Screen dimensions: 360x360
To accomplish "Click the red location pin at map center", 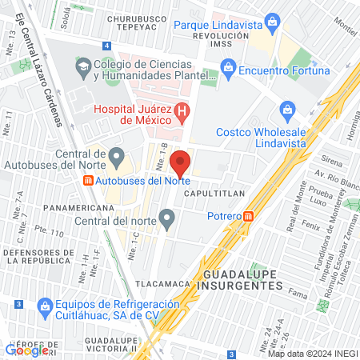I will pyautogui.click(x=180, y=162).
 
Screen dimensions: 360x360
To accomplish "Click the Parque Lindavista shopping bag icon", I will pyautogui.click(x=273, y=19).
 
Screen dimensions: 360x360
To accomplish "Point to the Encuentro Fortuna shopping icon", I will pyautogui.click(x=229, y=70).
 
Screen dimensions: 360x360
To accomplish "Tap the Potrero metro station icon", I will pyautogui.click(x=249, y=215).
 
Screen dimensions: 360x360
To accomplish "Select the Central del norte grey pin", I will pyautogui.click(x=166, y=217).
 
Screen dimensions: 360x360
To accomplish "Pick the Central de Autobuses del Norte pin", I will pyautogui.click(x=117, y=154).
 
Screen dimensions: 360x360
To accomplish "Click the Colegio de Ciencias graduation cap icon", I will pyautogui.click(x=83, y=64).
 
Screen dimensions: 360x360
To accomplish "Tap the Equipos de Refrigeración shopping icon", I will pyautogui.click(x=45, y=305).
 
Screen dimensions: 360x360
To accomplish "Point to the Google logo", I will pyautogui.click(x=26, y=350).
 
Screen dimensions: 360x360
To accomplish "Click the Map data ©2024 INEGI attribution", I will pyautogui.click(x=311, y=354).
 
